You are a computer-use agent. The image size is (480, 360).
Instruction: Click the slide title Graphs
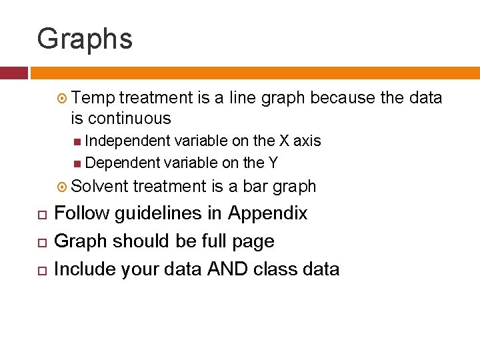[x=85, y=39]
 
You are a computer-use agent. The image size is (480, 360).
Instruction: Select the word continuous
[x=129, y=119]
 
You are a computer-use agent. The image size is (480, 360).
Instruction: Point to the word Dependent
[x=123, y=162]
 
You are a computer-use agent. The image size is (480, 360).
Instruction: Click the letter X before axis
[x=284, y=141]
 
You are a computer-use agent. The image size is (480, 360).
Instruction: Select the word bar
[x=256, y=187]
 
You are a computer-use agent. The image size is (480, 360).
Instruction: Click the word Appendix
[x=268, y=213]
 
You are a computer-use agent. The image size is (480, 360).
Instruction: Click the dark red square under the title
[x=14, y=73]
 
